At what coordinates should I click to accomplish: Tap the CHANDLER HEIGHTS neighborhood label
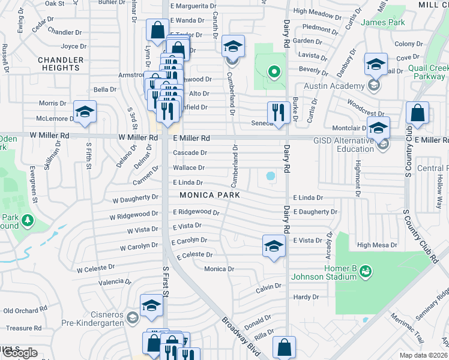(60, 64)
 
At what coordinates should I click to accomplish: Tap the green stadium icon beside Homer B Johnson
(365, 273)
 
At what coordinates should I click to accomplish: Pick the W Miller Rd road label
(138, 137)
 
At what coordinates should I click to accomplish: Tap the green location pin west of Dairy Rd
(274, 73)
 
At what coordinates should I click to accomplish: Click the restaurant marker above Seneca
(278, 112)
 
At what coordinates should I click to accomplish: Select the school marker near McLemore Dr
(85, 112)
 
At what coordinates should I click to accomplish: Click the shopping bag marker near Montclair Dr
(417, 113)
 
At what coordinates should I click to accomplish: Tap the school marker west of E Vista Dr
(274, 246)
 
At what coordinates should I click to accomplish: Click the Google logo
(20, 353)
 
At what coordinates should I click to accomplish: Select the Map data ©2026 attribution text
(423, 355)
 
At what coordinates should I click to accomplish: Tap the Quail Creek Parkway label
(428, 72)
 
